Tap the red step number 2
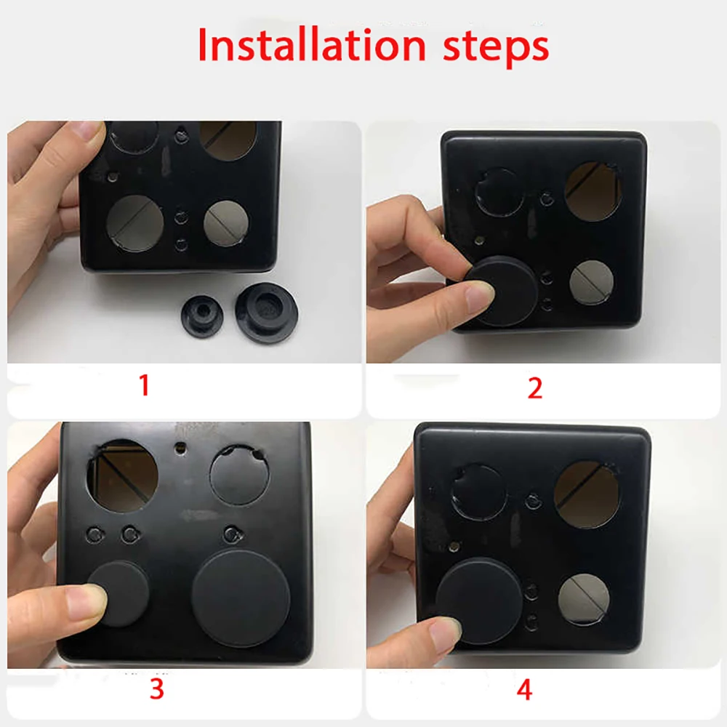coord(535,387)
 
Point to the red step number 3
coord(157,688)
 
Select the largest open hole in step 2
coord(593,190)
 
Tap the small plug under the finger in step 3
coord(120,590)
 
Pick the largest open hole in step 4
coord(587,494)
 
